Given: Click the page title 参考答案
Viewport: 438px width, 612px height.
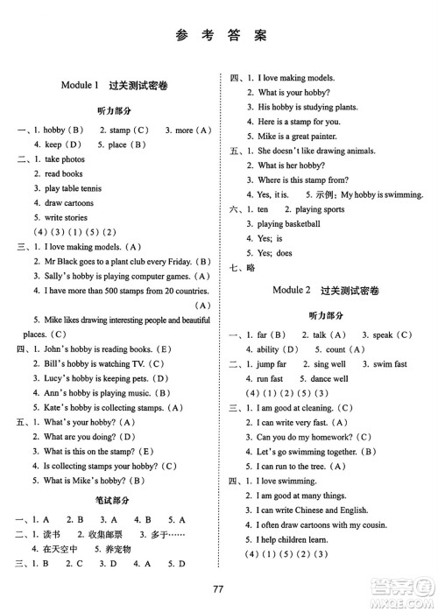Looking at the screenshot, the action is (219, 37).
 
